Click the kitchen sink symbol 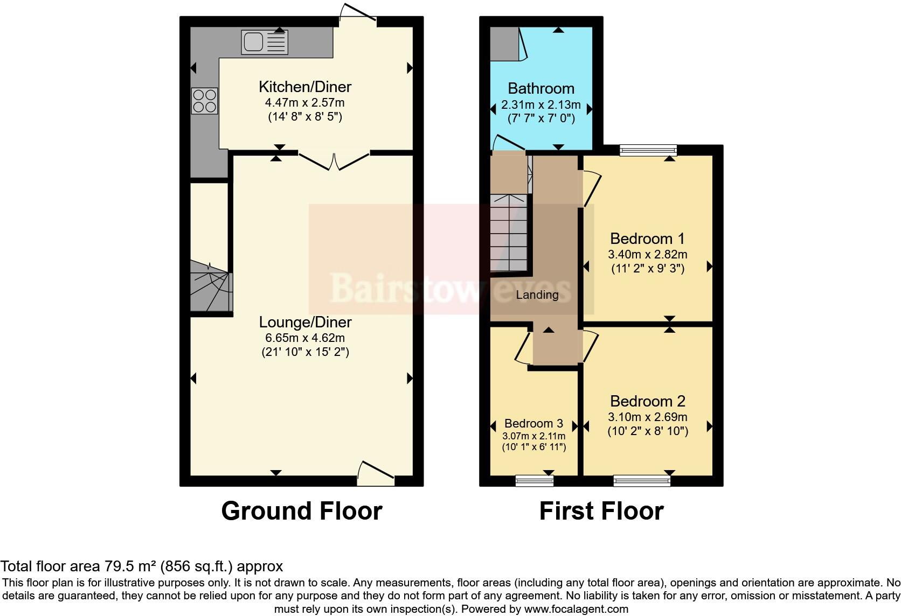click(x=265, y=42)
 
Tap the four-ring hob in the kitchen click(x=205, y=101)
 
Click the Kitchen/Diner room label click(x=305, y=87)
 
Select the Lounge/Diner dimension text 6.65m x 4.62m click(x=305, y=338)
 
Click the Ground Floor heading click(x=302, y=511)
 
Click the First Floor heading click(x=601, y=511)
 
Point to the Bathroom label click(x=541, y=88)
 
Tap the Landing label click(x=537, y=295)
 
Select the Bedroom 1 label click(x=647, y=239)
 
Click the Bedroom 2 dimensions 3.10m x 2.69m click(x=648, y=417)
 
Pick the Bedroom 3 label click(x=533, y=423)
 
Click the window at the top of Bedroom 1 click(x=648, y=150)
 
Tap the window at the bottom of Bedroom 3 click(x=534, y=480)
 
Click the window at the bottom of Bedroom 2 click(x=642, y=480)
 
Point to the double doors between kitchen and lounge click(x=334, y=160)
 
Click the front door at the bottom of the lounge click(x=376, y=472)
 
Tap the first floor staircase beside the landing click(x=508, y=232)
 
